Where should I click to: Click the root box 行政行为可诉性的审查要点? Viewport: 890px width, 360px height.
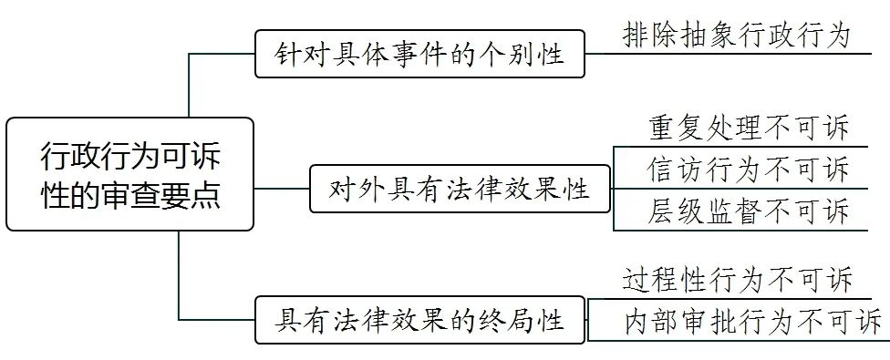point(129,174)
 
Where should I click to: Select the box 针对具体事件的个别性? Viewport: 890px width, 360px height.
point(419,55)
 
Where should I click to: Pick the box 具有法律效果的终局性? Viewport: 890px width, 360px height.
point(419,320)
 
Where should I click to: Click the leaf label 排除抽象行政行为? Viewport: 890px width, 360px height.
point(736,36)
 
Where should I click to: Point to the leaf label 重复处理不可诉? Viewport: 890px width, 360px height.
point(749,127)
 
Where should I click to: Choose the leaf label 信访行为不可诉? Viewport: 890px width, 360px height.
point(749,170)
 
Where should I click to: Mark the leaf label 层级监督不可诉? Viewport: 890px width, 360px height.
point(749,211)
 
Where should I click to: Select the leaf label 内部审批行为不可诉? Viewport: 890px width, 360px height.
point(752,321)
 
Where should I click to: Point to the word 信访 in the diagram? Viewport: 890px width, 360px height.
point(670,170)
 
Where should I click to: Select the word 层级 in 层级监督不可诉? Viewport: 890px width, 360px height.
point(670,211)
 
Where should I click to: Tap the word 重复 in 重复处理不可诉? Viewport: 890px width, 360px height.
point(670,127)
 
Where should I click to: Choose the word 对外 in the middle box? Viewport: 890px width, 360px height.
point(352,189)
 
